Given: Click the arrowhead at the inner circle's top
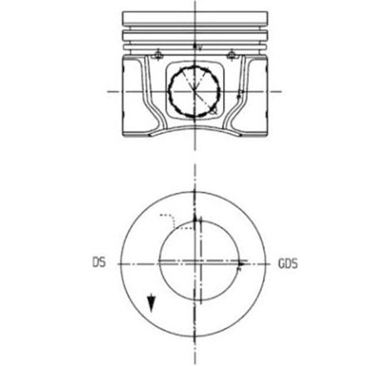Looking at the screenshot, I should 196,221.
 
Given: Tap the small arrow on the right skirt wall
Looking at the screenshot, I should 240,96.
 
